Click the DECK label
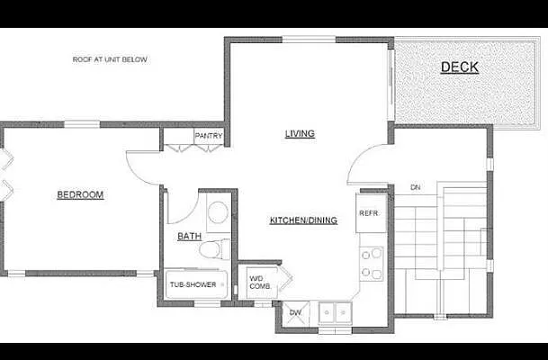click(459, 67)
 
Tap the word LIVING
click(300, 134)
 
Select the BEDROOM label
click(80, 194)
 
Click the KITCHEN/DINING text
click(303, 220)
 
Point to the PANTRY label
click(208, 137)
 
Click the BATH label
click(189, 237)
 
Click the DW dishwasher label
click(294, 312)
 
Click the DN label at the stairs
click(415, 187)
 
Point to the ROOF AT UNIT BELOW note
click(110, 59)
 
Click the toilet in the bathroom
click(213, 247)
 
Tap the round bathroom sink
click(217, 213)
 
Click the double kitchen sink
click(335, 312)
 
